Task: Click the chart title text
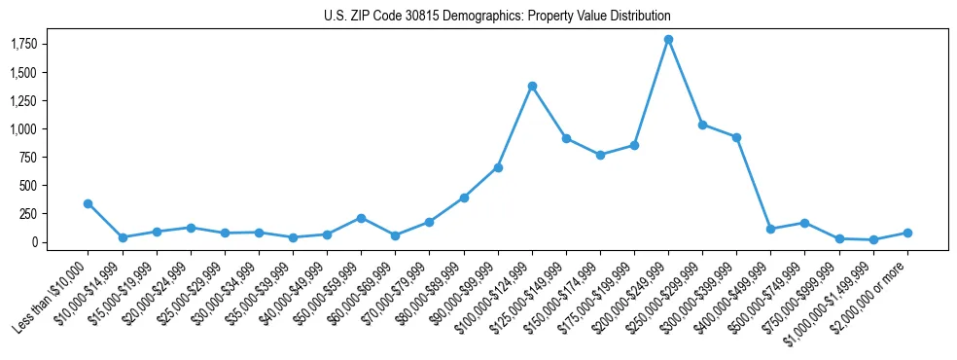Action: (497, 17)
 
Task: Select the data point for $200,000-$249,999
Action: (668, 40)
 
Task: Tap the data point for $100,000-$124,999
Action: (532, 86)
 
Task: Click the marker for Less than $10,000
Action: (89, 203)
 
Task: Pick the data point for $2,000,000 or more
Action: (907, 233)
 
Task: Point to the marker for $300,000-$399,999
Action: (736, 137)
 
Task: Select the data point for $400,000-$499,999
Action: (770, 229)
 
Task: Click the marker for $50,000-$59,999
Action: (361, 218)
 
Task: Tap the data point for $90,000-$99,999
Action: (498, 167)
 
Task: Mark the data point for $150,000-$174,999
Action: (600, 155)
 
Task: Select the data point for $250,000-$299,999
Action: (702, 125)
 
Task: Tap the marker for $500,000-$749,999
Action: (804, 223)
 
